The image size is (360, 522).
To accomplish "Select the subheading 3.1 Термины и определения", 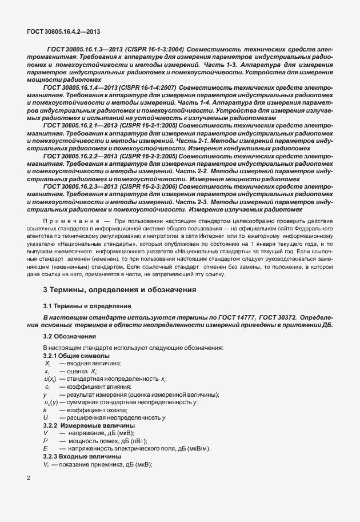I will (87, 306).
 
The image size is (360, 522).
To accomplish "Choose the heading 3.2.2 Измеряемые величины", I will (89, 426).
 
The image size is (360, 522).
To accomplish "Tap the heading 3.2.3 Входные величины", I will (82, 456).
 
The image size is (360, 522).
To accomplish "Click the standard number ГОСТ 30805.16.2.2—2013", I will (79, 156).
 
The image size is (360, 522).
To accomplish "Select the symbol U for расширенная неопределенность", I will (45, 419).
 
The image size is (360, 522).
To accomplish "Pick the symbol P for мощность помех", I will (45, 441).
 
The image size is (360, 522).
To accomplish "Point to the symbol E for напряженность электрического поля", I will (45, 449).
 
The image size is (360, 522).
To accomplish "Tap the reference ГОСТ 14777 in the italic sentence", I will (243, 317).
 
